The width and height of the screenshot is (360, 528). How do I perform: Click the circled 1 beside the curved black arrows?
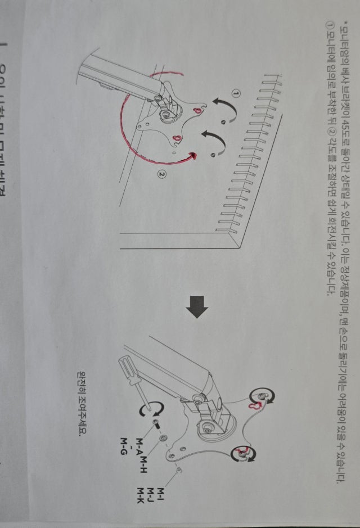pos(236,92)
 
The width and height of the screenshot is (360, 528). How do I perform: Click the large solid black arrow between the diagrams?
pos(197,307)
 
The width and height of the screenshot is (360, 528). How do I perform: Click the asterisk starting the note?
pos(344,22)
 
